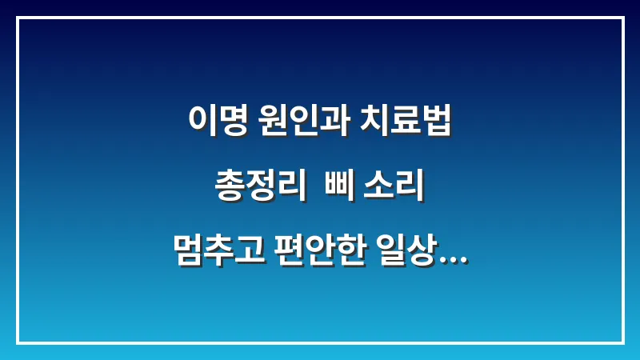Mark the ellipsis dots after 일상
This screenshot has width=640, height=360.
454,260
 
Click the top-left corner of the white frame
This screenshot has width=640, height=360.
18,18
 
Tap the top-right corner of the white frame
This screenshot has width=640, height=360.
622,18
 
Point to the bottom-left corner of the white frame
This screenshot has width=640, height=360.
18,342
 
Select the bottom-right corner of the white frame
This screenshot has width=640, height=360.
622,342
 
